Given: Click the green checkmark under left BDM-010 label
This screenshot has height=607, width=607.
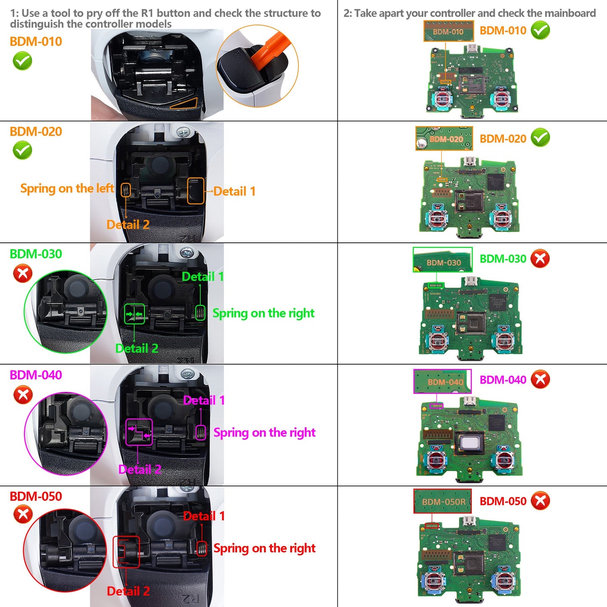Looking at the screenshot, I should point(22,61).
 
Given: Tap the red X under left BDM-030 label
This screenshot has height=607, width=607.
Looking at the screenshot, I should point(23,274).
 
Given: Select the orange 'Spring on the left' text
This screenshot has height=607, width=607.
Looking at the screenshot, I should point(67,189).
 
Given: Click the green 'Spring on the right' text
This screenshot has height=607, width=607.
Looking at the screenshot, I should point(263,313).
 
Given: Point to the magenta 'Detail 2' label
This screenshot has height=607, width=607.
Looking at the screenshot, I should point(139,469).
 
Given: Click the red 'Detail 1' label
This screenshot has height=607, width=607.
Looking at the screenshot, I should point(204,516).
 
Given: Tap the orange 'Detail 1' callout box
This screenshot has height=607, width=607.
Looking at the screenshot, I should point(196,191).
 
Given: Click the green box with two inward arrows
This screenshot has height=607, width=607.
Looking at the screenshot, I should point(134,314).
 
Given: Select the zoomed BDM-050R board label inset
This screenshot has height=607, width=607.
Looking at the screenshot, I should point(442,501).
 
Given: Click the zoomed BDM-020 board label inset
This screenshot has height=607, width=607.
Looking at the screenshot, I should point(444,138).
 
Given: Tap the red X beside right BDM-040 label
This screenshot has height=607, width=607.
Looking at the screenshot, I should point(540,379).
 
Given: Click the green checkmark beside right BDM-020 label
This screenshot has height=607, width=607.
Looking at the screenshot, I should point(540,138).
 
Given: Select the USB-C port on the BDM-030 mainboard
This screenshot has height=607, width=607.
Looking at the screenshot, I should point(470,282).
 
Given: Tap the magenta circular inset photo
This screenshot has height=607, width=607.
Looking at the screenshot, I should point(66,434).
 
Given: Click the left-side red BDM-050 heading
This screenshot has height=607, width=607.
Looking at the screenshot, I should point(36,496).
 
